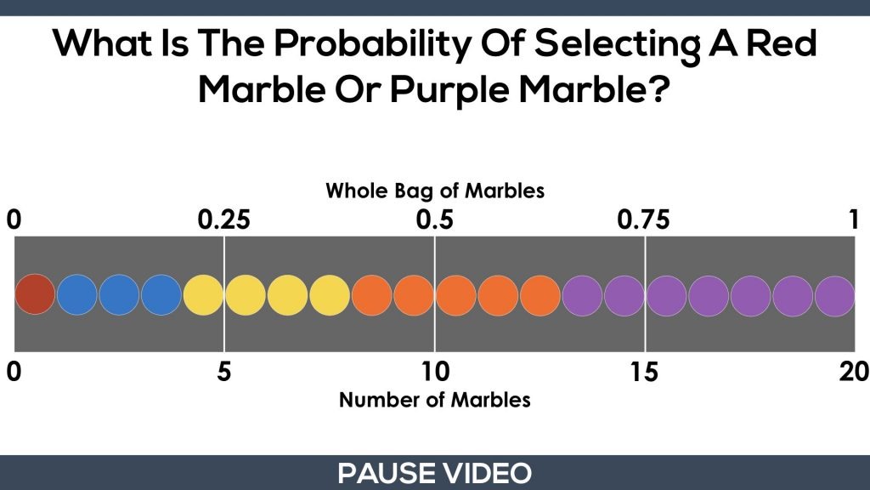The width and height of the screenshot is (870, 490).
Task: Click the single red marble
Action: click(x=35, y=294)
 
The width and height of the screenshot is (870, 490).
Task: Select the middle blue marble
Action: click(x=119, y=294)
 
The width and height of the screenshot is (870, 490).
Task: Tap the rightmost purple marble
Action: click(x=835, y=296)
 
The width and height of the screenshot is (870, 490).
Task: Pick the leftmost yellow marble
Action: click(x=203, y=295)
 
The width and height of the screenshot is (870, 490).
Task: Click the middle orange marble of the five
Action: click(x=455, y=295)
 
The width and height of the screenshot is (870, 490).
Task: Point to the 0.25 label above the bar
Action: click(x=224, y=220)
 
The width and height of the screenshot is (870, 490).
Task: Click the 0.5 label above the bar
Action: click(x=434, y=220)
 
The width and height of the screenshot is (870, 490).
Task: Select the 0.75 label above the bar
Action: click(x=644, y=220)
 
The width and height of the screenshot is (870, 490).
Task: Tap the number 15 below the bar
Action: click(x=644, y=372)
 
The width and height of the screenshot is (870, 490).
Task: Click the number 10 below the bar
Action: click(x=435, y=372)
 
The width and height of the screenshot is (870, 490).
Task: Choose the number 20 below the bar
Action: click(x=855, y=372)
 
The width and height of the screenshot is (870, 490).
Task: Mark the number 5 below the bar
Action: click(x=223, y=372)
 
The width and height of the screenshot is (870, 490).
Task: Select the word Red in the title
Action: click(x=782, y=43)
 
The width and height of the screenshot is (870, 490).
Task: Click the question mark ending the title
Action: click(x=658, y=88)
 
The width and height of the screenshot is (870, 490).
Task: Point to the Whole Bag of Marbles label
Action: click(x=435, y=191)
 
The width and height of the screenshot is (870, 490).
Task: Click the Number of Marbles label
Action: click(x=435, y=400)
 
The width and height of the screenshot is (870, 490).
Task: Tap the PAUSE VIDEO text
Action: click(x=434, y=473)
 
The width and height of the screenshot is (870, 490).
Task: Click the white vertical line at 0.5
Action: click(x=434, y=293)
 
